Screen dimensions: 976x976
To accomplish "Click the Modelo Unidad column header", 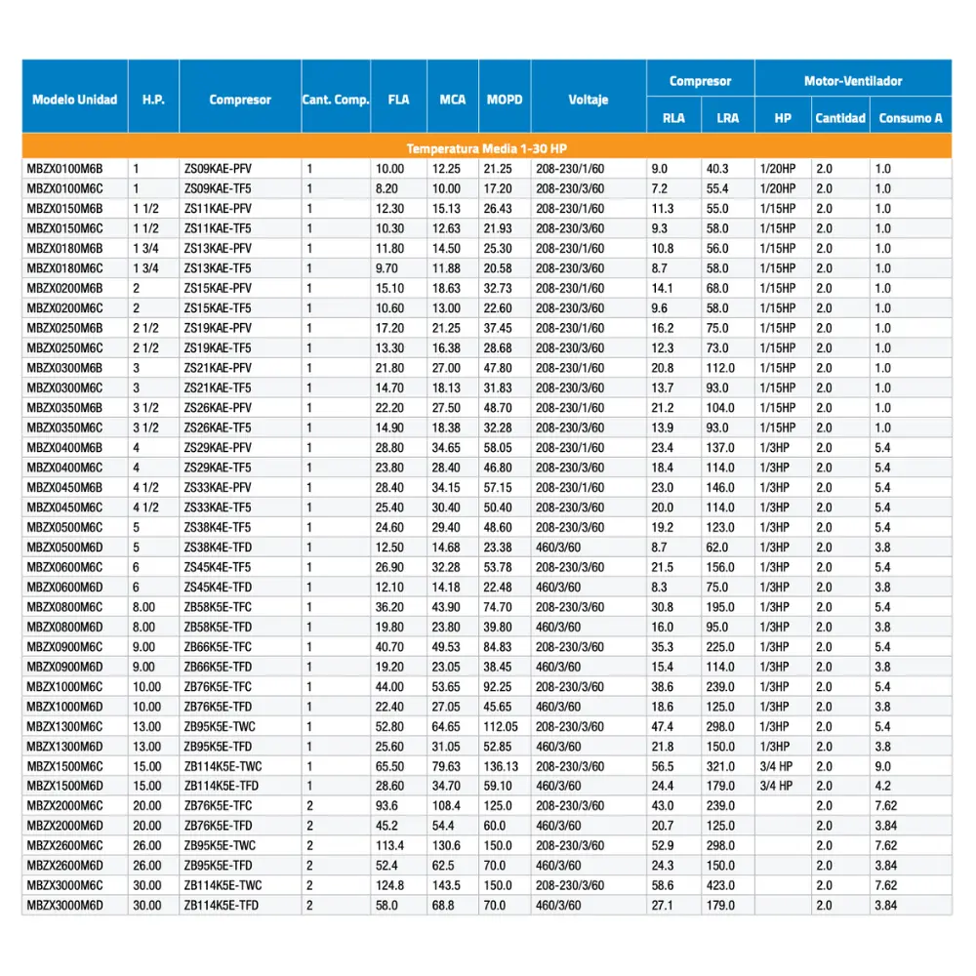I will pyautogui.click(x=74, y=100).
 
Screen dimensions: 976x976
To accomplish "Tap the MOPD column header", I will pyautogui.click(x=505, y=100).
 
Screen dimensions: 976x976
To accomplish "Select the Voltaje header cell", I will pyautogui.click(x=589, y=100).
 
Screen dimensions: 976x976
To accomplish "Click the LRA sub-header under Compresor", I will pyautogui.click(x=727, y=118).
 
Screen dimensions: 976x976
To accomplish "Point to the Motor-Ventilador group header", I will pyautogui.click(x=853, y=81).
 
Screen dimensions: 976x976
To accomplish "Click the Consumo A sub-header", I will pyautogui.click(x=911, y=118).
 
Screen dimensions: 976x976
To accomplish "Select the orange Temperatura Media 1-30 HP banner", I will pyautogui.click(x=486, y=148).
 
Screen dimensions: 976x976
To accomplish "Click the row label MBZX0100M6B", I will pyautogui.click(x=64, y=169).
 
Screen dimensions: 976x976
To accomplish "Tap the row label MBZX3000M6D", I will pyautogui.click(x=64, y=905).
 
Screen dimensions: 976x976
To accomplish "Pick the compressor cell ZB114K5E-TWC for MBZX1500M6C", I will pyautogui.click(x=223, y=766).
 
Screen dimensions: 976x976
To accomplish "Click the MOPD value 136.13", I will pyautogui.click(x=501, y=766).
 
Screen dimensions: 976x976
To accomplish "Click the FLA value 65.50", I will pyautogui.click(x=390, y=766).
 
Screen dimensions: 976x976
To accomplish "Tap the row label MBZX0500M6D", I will pyautogui.click(x=64, y=547).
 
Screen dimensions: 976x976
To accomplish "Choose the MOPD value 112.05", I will pyautogui.click(x=501, y=726).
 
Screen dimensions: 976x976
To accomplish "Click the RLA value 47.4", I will pyautogui.click(x=662, y=726).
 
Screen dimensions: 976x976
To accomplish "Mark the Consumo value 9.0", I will pyautogui.click(x=882, y=766).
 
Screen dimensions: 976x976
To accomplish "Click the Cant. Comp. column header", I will pyautogui.click(x=336, y=100).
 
